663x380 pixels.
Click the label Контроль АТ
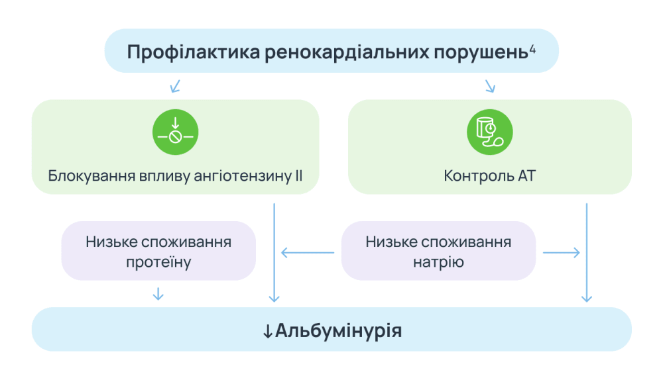490,177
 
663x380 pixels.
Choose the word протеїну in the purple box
158,263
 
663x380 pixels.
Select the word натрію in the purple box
438,263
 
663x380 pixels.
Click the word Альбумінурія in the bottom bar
338,330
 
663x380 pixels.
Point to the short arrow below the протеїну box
158,293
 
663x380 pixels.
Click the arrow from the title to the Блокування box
175,86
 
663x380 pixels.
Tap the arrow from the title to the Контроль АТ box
490,86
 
